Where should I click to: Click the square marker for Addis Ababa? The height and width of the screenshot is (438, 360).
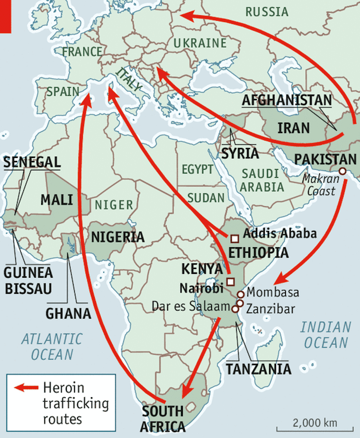pyautogui.click(x=235, y=239)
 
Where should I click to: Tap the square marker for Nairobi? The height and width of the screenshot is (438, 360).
pyautogui.click(x=230, y=281)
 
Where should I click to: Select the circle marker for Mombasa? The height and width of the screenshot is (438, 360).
pyautogui.click(x=240, y=295)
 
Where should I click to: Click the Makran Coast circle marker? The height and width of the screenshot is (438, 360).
pyautogui.click(x=342, y=171)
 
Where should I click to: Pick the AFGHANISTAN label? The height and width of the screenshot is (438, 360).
pyautogui.click(x=287, y=100)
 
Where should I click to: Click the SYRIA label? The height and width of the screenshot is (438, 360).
pyautogui.click(x=240, y=153)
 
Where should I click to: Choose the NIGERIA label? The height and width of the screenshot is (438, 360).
pyautogui.click(x=118, y=237)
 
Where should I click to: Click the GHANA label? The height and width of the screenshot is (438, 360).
pyautogui.click(x=68, y=314)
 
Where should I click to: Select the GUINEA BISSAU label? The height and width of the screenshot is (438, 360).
pyautogui.click(x=28, y=280)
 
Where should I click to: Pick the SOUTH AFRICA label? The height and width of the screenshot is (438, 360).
pyautogui.click(x=163, y=418)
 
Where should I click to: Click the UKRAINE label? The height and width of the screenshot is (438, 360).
pyautogui.click(x=200, y=43)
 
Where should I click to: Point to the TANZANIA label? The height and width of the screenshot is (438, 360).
pyautogui.click(x=258, y=369)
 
